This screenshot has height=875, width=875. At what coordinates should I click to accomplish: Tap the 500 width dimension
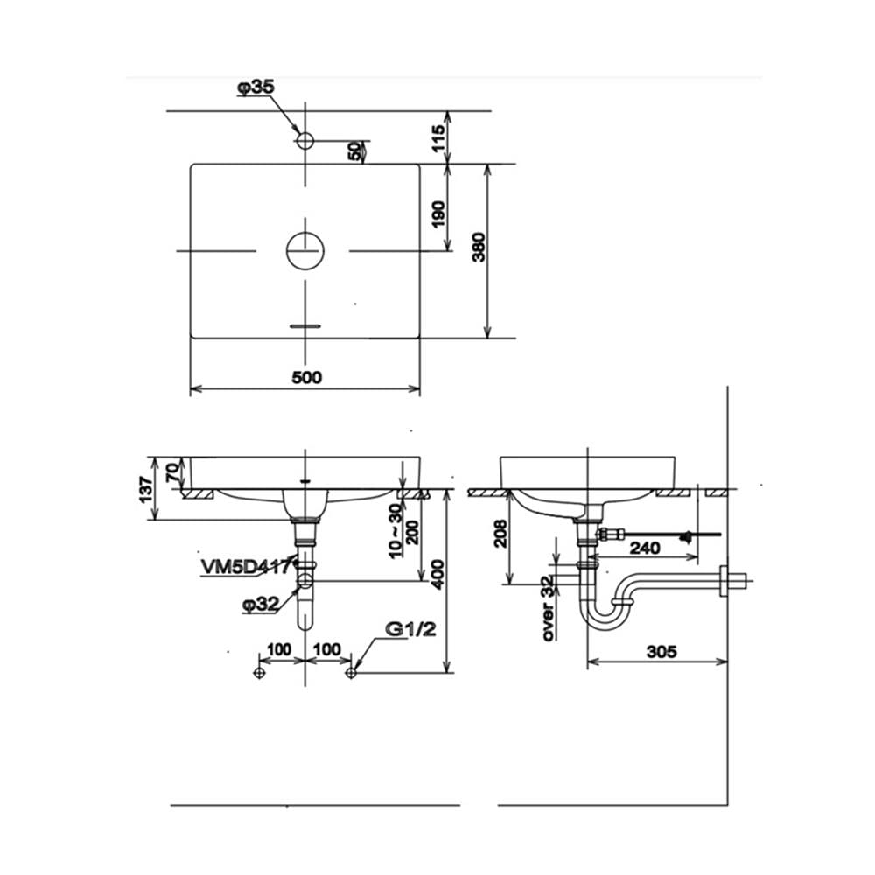(307, 377)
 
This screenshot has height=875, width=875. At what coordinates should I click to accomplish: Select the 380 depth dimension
(479, 248)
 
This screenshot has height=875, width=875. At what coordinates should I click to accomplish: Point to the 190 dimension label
(438, 214)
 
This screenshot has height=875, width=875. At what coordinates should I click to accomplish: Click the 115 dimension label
(438, 137)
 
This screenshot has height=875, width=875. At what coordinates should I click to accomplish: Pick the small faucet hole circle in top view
(305, 141)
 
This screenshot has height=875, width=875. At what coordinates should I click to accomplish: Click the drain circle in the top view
(305, 251)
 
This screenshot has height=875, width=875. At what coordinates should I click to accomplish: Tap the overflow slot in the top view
(305, 325)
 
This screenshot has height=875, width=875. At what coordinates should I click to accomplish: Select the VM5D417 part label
(246, 567)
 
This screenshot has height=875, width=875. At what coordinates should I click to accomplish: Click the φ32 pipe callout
(261, 604)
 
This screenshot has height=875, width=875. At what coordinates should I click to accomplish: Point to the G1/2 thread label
(410, 629)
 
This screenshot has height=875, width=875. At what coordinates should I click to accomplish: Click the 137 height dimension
(146, 489)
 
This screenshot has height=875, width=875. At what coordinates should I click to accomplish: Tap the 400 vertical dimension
(438, 575)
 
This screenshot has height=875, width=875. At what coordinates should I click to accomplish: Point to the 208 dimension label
(500, 534)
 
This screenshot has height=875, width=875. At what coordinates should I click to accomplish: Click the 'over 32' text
(549, 608)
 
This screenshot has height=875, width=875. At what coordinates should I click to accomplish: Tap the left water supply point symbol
(258, 672)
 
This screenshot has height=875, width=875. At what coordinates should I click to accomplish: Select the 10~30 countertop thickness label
(395, 531)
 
